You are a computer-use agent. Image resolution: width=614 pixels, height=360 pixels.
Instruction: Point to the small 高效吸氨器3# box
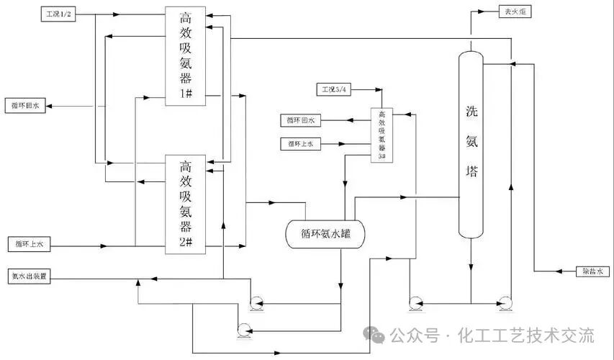click(x=382, y=135)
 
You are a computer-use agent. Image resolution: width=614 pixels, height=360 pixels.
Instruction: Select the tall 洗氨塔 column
click(x=471, y=144)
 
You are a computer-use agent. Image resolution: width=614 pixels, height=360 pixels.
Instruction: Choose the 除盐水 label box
click(x=595, y=271)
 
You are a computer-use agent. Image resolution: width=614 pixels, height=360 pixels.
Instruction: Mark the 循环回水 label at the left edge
click(x=27, y=106)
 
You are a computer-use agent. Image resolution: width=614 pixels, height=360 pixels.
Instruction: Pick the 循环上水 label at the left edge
click(x=28, y=244)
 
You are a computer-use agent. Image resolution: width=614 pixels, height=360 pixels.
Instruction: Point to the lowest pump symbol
click(x=243, y=330)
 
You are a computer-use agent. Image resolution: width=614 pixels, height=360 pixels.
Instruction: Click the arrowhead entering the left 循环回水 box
click(x=51, y=106)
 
